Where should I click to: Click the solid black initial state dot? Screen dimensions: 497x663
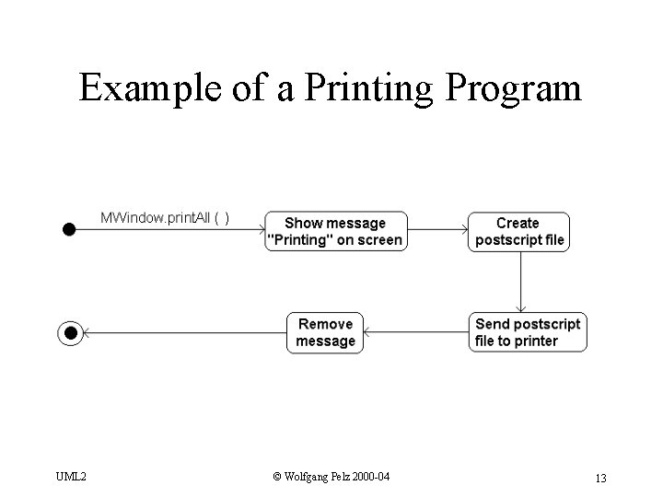tap(68, 229)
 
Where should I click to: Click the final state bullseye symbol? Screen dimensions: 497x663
tap(70, 332)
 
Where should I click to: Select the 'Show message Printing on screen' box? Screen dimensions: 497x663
tap(335, 231)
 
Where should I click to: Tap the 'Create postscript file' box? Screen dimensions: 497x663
tap(518, 231)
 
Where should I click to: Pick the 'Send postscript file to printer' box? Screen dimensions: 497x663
tap(527, 332)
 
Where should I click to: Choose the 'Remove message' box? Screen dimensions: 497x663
tap(325, 332)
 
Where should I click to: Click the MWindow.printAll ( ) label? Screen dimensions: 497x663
tap(165, 217)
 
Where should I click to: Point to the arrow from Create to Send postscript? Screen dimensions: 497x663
tap(521, 281)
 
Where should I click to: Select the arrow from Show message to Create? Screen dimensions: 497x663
tap(437, 229)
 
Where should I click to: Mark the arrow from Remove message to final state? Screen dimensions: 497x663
tap(184, 332)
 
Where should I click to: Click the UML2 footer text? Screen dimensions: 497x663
tap(71, 477)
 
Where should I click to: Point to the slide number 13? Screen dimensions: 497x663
tap(599, 477)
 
